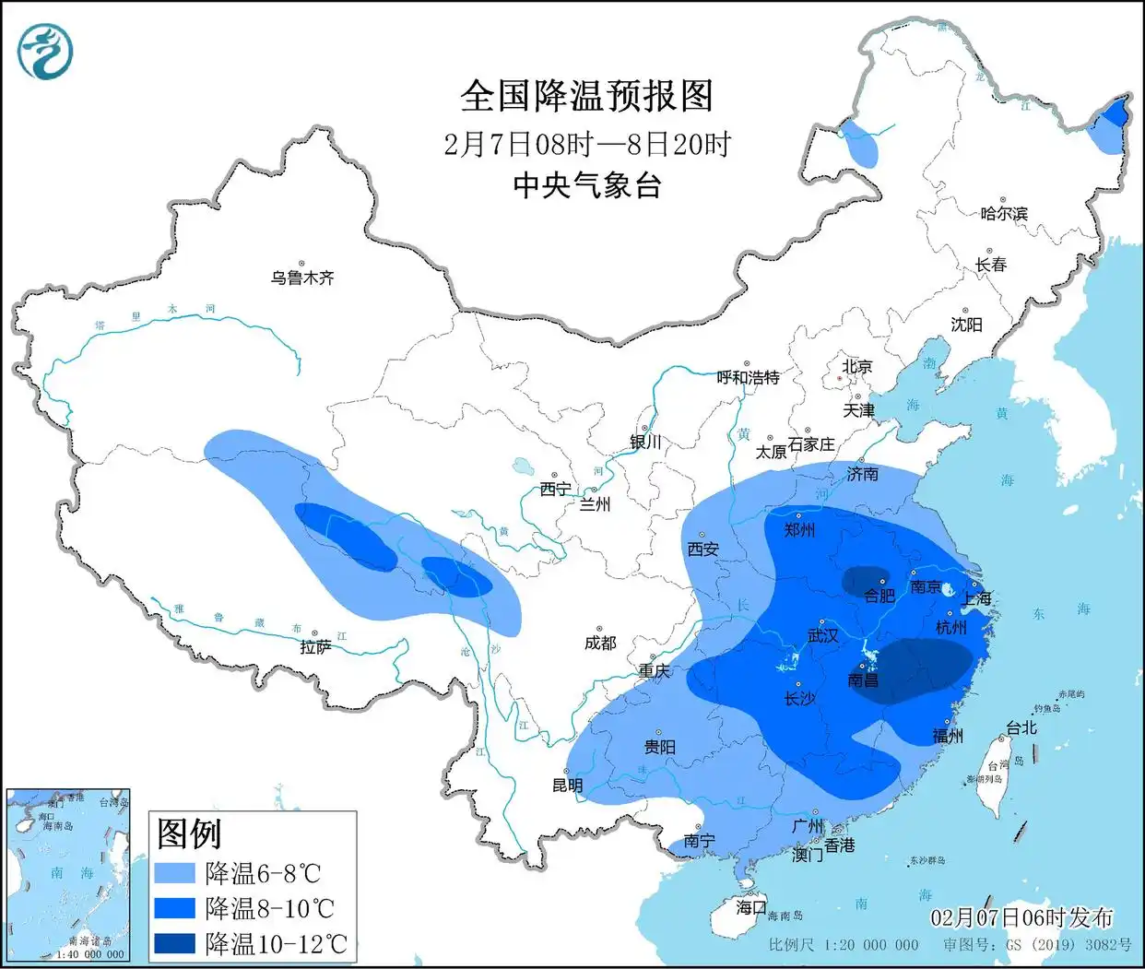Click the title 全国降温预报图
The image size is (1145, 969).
587,96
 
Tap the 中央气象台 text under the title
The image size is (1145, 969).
587,185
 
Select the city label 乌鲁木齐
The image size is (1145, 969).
302,277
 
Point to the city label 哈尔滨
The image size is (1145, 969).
1004,213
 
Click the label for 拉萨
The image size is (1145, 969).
315,648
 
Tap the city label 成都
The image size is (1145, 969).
600,643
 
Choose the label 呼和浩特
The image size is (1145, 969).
749,377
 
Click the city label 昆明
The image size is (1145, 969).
568,786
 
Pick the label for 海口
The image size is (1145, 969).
751,907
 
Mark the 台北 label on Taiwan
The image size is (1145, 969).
1021,727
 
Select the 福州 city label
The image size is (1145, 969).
948,736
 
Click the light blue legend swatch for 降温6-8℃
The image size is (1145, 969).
175,872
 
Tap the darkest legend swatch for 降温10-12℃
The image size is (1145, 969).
175,942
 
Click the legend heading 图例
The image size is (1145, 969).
190,833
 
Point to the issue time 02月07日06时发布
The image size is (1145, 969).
1021,917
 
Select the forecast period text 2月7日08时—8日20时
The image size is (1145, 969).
587,144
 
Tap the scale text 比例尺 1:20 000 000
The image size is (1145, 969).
844,944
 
